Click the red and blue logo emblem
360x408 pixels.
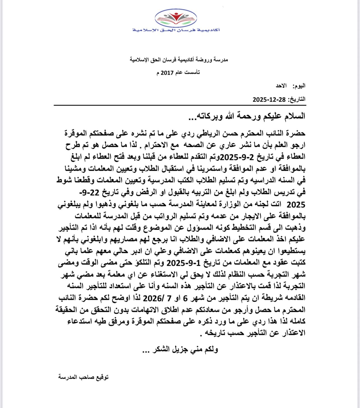coord(176,18)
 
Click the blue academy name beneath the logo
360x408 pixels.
coord(176,30)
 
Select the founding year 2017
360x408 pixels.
coord(167,73)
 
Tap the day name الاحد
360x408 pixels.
coord(281,86)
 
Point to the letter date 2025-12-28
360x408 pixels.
coord(269,99)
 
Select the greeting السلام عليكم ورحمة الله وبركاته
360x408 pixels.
coord(247,116)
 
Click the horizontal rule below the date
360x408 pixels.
coord(180,105)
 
